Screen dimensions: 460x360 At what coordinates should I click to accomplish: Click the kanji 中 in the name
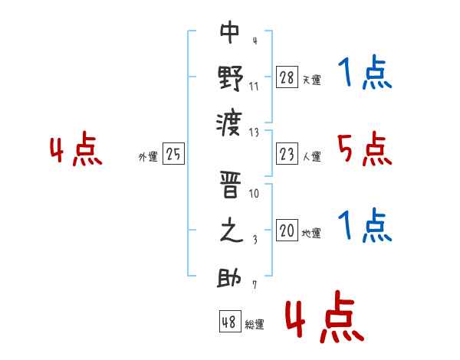coord(230,31)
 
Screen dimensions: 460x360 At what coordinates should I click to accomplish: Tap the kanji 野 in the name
coord(231,79)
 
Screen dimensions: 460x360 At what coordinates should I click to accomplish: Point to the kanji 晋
coord(230,185)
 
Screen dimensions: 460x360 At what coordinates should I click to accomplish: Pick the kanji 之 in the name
coord(232,230)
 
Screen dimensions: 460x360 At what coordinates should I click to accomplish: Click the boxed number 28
coord(287,77)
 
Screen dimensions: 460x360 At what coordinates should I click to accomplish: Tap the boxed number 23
coord(287,154)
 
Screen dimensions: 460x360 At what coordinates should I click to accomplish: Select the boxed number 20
coord(287,230)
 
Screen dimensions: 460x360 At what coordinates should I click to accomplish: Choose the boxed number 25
coord(173,153)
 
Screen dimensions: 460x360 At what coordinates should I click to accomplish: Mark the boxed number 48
coord(230,321)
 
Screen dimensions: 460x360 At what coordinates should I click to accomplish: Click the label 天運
coord(312,80)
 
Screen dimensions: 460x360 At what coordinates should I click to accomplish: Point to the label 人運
coord(312,156)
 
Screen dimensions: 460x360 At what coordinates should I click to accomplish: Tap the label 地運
coord(311,234)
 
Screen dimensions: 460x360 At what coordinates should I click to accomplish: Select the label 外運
coord(148,157)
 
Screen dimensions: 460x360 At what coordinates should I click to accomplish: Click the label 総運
coord(255,325)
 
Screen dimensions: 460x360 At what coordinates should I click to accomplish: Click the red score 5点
coord(365,149)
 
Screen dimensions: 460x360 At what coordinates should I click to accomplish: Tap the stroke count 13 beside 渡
coord(254,133)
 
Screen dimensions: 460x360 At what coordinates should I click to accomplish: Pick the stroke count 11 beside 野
coord(254,87)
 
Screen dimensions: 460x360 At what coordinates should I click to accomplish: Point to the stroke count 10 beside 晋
coord(254,194)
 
